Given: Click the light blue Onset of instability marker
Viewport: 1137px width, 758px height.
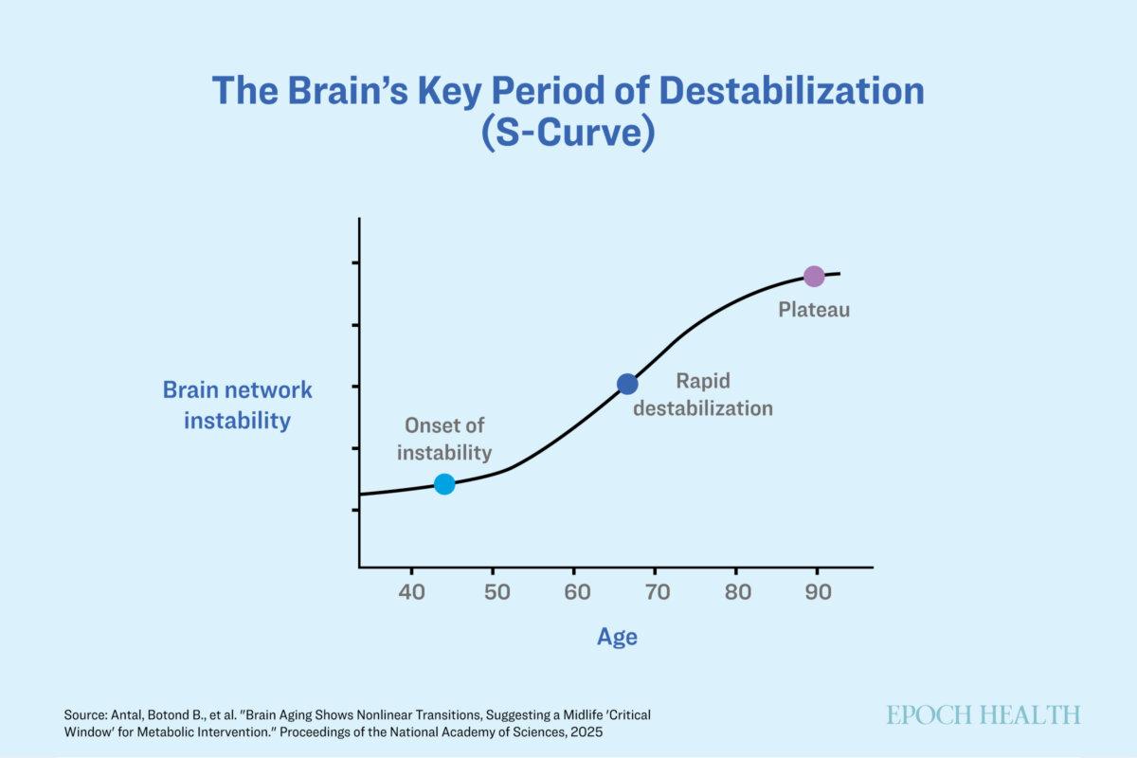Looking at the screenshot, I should click(444, 484).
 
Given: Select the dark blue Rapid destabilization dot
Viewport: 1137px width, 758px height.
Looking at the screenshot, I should click(627, 384).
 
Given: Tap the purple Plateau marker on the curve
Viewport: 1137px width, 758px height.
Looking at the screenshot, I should click(814, 277).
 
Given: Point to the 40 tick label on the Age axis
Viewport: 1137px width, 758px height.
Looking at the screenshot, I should click(411, 592).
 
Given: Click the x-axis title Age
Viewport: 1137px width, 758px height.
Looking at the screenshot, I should click(617, 637).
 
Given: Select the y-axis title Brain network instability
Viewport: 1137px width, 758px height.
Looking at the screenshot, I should click(237, 406).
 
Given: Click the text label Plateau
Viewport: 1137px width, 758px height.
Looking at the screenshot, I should click(814, 310).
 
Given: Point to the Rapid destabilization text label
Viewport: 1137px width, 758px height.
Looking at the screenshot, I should click(703, 395).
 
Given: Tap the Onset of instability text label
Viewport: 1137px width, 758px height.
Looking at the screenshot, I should click(444, 439).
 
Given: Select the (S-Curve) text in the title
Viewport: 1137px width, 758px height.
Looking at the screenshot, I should click(568, 133).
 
